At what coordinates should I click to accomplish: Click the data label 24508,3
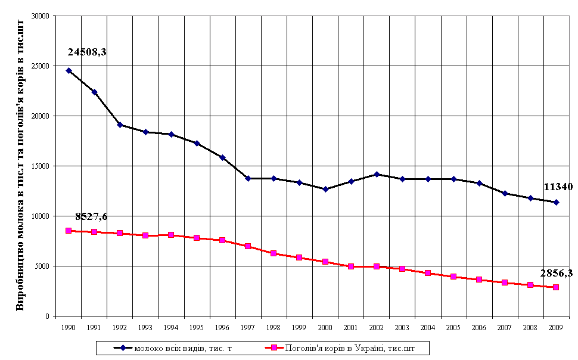point(87,52)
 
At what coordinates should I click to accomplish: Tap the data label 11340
point(558,187)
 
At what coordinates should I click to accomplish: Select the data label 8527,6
point(91,216)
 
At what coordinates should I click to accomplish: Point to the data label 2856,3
point(557,273)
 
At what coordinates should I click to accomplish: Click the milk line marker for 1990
point(69,70)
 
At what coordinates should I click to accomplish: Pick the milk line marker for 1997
point(248,178)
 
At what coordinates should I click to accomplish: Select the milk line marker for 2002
point(377,174)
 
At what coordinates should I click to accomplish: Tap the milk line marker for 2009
point(556,202)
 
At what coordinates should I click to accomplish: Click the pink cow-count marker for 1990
point(69,231)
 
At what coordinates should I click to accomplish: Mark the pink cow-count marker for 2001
point(351,266)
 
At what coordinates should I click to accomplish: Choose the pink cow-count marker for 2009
point(556,287)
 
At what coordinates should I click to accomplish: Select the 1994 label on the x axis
point(171,327)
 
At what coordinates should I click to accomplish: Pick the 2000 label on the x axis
point(325,327)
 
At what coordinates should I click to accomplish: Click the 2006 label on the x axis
point(479,327)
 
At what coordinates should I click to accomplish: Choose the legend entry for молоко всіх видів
point(176,347)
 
